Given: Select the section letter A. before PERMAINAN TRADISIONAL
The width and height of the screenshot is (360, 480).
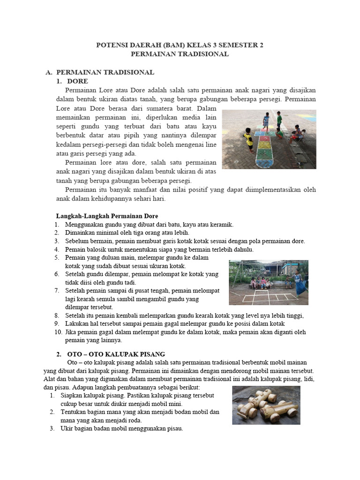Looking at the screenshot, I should point(48,73).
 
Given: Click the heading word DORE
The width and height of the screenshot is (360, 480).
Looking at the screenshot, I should point(78,82).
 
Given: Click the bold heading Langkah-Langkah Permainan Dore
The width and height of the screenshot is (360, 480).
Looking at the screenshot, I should point(107,216).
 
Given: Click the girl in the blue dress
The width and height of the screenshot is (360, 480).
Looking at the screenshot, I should point(298,280).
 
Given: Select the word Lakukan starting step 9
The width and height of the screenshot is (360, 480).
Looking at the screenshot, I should point(77,324).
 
